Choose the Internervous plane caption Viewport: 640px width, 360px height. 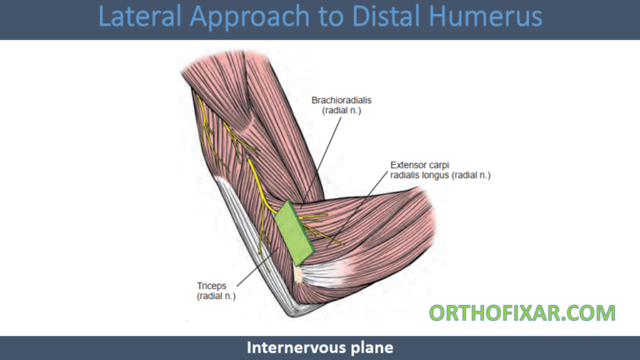319,347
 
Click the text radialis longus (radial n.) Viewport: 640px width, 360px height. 440,176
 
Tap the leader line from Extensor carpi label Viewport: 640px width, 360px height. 358,212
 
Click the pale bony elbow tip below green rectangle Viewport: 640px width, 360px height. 298,272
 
